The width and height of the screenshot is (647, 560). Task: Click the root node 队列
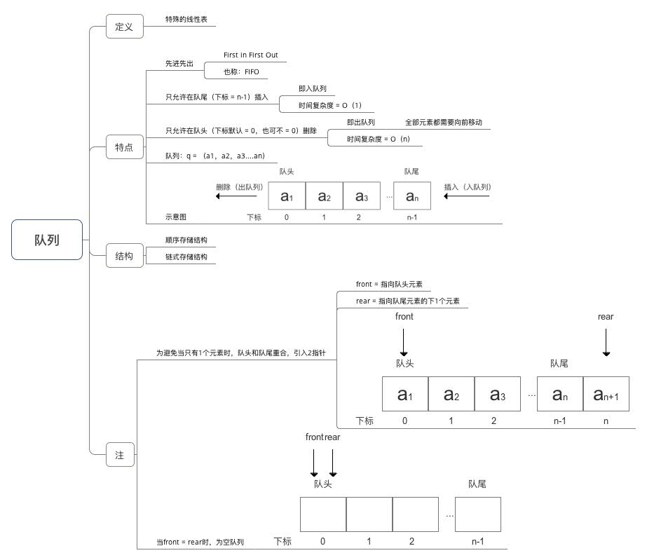point(47,240)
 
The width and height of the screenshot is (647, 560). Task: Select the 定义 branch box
point(124,27)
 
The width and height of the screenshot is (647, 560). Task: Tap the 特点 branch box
point(124,148)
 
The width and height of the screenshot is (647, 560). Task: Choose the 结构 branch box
point(124,256)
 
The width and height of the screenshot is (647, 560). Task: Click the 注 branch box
point(120,455)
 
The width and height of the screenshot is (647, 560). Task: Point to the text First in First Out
point(250,55)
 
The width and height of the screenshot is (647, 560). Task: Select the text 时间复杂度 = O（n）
point(379,139)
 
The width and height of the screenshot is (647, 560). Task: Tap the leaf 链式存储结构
point(186,257)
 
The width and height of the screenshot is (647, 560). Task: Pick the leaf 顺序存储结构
point(186,240)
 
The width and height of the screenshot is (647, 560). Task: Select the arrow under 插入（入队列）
point(466,197)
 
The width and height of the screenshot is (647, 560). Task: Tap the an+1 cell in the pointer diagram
point(606,394)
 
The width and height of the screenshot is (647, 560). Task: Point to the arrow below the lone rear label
point(606,343)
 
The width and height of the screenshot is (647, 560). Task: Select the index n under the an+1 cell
point(606,421)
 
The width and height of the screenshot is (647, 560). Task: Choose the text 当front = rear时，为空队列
point(200,542)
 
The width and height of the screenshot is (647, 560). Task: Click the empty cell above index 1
point(369,514)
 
